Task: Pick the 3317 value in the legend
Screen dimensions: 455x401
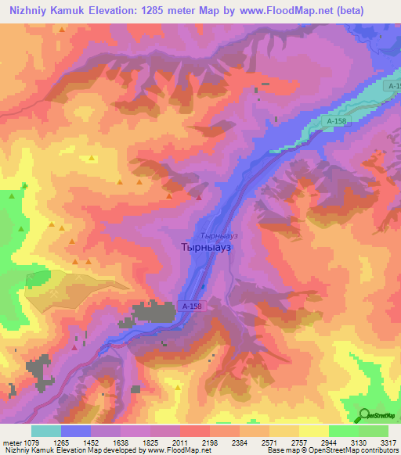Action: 388,442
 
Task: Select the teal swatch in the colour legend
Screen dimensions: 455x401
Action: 45,431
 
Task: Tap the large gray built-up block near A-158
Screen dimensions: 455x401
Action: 156,312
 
